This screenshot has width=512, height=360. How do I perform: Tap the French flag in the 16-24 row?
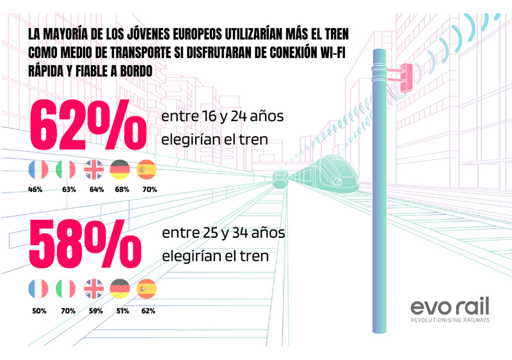pyautogui.click(x=38, y=169)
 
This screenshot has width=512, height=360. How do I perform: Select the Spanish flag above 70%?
pyautogui.click(x=147, y=169)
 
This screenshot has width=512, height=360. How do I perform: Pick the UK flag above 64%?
pyautogui.click(x=94, y=169)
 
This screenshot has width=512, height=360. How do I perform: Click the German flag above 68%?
pyautogui.click(x=120, y=169)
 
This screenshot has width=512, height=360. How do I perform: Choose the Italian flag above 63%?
pyautogui.click(x=66, y=169)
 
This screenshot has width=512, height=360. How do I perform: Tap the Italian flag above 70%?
pyautogui.click(x=66, y=289)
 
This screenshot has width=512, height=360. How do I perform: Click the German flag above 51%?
pyautogui.click(x=120, y=289)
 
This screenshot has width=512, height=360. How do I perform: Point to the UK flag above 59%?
pyautogui.click(x=94, y=289)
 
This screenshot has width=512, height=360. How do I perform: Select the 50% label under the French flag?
pyautogui.click(x=37, y=311)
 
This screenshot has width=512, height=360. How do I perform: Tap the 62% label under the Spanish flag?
pyautogui.click(x=148, y=311)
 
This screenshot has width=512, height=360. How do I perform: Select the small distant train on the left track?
pyautogui.click(x=279, y=177)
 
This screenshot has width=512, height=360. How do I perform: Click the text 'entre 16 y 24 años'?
pyautogui.click(x=222, y=117)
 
